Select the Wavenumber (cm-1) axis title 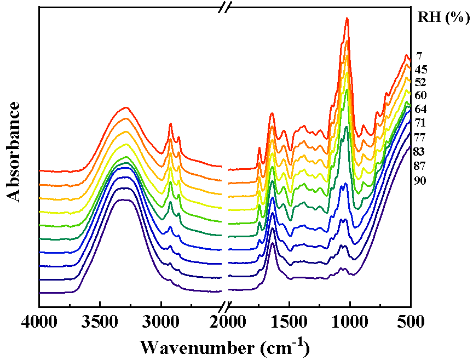(224, 347)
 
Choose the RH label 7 (419, 56)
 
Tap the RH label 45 (421, 70)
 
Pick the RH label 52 (421, 82)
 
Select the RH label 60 (421, 95)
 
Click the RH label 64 (421, 109)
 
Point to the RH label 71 (421, 123)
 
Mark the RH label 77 (421, 137)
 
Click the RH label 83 (421, 151)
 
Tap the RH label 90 (421, 181)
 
